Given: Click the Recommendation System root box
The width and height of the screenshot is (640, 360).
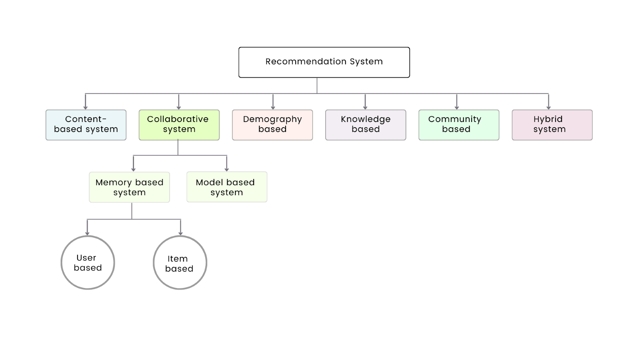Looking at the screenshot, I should [324, 62].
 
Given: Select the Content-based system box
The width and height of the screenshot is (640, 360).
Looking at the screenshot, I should [86, 125].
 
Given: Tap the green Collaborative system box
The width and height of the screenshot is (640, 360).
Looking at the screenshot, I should [179, 125].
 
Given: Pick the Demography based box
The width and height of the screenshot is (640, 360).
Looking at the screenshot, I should [272, 125].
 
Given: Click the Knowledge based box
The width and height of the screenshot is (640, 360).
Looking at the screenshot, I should [366, 125].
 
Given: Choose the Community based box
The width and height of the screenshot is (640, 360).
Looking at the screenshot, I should [459, 125].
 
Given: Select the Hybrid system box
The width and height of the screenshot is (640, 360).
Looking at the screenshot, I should [552, 125].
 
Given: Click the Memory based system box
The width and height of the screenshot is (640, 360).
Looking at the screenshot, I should [129, 187].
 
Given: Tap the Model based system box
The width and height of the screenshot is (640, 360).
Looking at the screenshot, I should [227, 187].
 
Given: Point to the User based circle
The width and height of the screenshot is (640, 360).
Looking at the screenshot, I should [88, 262].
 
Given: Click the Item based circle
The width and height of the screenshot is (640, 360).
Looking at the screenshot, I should [180, 262].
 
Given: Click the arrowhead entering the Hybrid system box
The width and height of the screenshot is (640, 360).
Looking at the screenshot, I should [548, 107].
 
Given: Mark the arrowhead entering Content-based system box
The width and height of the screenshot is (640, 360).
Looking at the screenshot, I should [85, 107].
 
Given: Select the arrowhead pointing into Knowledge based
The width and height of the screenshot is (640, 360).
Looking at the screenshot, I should [365, 107].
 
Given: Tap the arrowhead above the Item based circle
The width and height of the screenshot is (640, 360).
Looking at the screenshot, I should [180, 233].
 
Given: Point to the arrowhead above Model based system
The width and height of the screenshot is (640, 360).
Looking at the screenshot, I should [227, 169].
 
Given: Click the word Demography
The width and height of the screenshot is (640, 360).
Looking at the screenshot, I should [272, 119].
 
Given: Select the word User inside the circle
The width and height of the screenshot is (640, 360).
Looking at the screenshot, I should [86, 258].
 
